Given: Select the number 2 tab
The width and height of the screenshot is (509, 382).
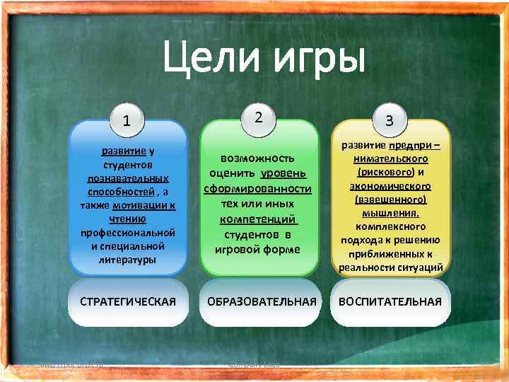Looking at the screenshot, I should pos(259,117).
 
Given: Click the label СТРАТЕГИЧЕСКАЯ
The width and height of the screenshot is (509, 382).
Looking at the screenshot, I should pos(128,302).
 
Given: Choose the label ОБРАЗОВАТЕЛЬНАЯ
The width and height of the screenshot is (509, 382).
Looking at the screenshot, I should pos(259,302).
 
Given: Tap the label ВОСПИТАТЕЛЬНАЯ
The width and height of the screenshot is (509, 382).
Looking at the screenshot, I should pos(390,302).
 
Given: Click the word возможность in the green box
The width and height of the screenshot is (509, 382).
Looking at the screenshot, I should pos(258,158).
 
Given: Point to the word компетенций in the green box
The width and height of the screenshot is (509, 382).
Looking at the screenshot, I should pos(257,219).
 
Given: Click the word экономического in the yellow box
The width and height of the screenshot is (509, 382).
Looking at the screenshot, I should pos(390,185).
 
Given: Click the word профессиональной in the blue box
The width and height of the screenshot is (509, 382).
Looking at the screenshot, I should pos(128,232).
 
